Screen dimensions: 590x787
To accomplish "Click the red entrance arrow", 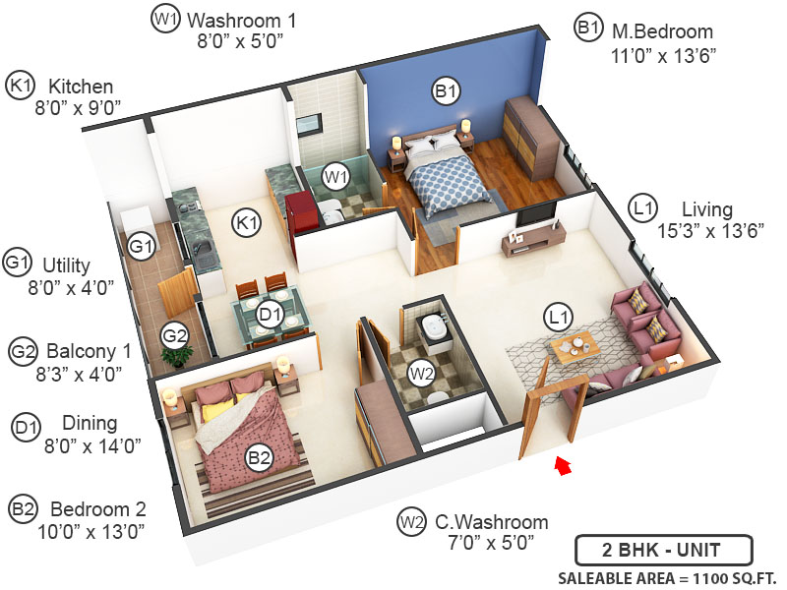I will [x=563, y=464].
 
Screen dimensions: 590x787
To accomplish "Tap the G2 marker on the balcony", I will [x=175, y=335].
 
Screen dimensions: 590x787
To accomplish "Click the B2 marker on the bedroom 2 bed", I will [x=259, y=457].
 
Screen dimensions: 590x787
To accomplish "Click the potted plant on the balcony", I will [x=178, y=356].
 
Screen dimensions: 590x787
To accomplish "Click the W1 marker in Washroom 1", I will [x=337, y=177].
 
